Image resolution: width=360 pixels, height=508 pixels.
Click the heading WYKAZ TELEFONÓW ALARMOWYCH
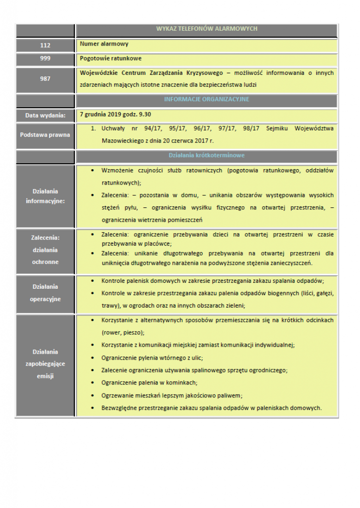coord(207,29)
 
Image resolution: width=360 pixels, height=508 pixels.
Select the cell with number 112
coord(45,45)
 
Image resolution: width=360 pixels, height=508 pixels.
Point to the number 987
coord(45,79)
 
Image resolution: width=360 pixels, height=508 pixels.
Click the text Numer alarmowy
coord(104,44)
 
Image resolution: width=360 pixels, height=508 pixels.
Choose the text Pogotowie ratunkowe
coord(111,58)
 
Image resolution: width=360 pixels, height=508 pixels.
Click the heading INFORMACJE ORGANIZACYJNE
coord(207,99)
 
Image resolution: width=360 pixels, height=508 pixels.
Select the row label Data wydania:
coord(45,116)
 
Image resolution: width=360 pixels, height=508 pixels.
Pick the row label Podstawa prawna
coord(45,134)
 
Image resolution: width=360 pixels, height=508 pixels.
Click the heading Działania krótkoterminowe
coord(207,156)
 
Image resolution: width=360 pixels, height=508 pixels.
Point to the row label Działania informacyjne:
coord(45,196)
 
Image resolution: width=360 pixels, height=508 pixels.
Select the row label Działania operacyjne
coord(45,293)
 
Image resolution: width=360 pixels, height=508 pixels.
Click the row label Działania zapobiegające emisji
coord(45,364)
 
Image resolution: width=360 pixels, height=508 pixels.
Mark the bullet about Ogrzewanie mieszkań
coord(172,395)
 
